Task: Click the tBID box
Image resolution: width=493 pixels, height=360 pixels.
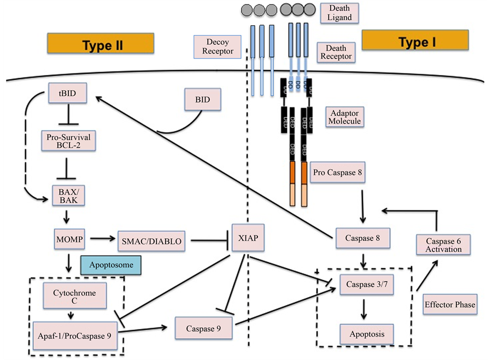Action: (x=68, y=93)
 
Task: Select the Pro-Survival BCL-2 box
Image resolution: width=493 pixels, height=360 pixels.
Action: (x=68, y=140)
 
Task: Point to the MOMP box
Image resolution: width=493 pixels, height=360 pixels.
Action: (x=68, y=239)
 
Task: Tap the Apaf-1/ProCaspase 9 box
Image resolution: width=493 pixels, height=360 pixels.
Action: (x=74, y=332)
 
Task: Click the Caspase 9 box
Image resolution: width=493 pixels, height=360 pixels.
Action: (x=203, y=328)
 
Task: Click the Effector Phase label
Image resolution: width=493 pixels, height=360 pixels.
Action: (x=450, y=305)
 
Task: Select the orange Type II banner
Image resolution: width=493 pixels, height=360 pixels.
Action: (x=101, y=44)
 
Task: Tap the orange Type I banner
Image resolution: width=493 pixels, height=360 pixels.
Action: (x=415, y=40)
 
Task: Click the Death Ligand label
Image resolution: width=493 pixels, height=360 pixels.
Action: (x=340, y=13)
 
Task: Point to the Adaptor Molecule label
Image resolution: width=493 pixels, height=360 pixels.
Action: (x=344, y=116)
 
